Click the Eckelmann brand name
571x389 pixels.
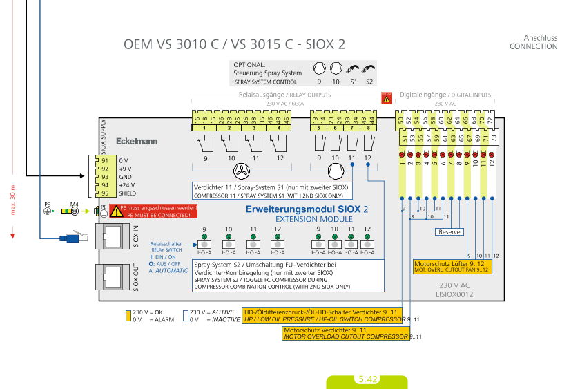[x=137, y=141]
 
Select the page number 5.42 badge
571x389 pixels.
[x=367, y=379]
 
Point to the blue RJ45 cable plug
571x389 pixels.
[x=71, y=238]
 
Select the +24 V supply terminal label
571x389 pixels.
[x=127, y=185]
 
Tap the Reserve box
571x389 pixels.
[x=449, y=232]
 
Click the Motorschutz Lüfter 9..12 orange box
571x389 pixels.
[x=452, y=267]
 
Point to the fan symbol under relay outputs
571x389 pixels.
[x=242, y=171]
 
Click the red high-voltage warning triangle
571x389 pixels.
[x=386, y=99]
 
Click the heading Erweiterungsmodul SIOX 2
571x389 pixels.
[x=307, y=209]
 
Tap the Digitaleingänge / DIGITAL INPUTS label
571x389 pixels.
[x=446, y=94]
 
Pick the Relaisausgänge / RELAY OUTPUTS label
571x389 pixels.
[x=284, y=94]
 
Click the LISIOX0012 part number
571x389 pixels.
[x=454, y=294]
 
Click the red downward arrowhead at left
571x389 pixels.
[x=12, y=236]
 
